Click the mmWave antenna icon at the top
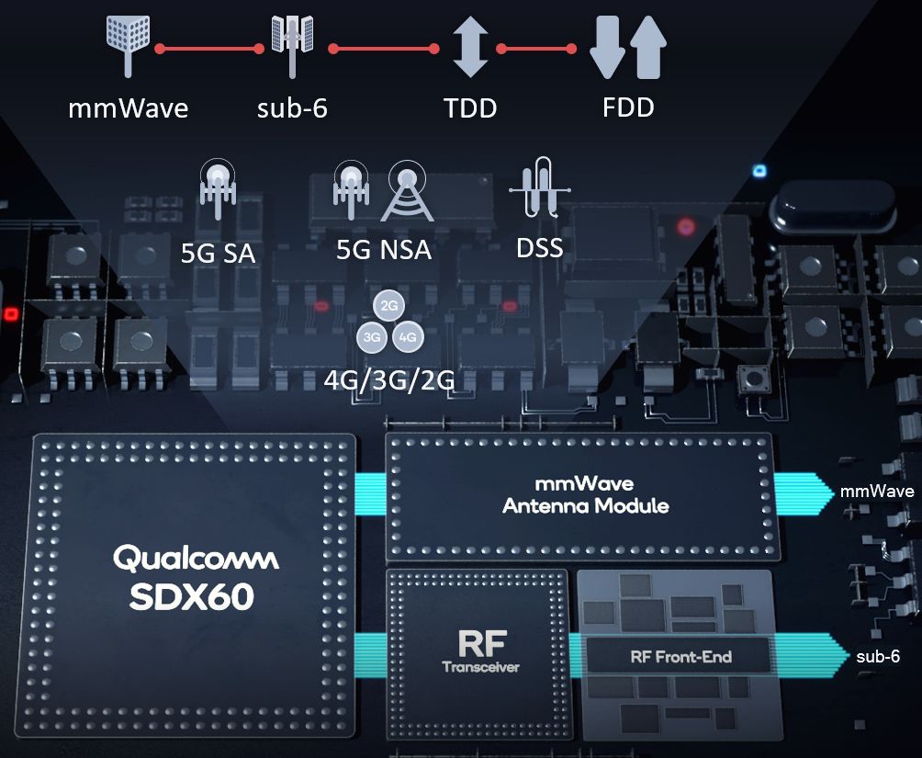click(x=128, y=42)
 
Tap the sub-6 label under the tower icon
click(x=292, y=108)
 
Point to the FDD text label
click(x=628, y=107)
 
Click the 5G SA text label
click(x=218, y=252)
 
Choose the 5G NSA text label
click(x=384, y=249)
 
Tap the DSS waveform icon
click(x=539, y=187)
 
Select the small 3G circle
click(x=371, y=337)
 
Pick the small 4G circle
click(x=408, y=337)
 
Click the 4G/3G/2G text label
click(x=389, y=379)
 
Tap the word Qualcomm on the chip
click(x=196, y=558)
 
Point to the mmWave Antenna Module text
click(x=585, y=494)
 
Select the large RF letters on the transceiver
click(x=480, y=640)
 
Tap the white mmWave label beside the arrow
click(x=877, y=492)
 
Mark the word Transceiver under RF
click(x=480, y=667)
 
